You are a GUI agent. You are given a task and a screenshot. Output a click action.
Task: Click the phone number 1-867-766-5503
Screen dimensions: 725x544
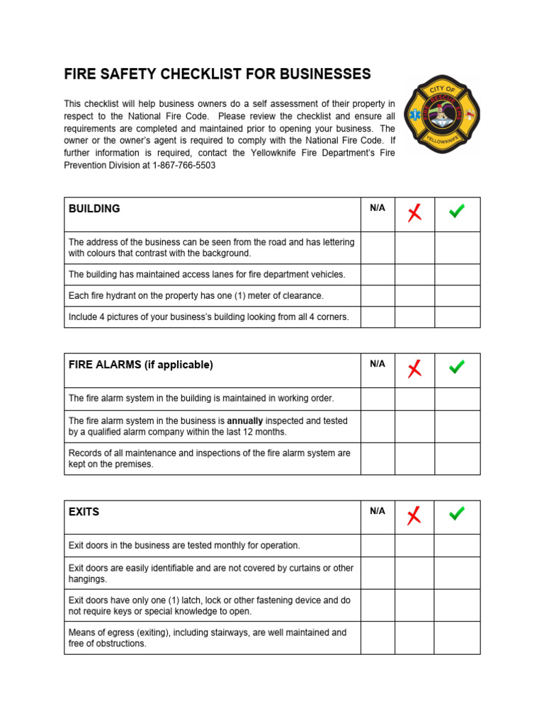[184, 165]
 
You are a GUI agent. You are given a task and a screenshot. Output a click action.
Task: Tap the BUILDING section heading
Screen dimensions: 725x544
[94, 209]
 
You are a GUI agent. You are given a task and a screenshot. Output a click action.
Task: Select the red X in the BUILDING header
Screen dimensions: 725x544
[414, 212]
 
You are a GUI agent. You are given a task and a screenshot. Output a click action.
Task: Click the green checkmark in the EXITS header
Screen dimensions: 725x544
[457, 514]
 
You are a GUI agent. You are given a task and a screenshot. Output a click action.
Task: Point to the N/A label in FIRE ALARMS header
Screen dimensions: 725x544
[378, 364]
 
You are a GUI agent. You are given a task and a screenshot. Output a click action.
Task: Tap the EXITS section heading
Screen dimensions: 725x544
[84, 511]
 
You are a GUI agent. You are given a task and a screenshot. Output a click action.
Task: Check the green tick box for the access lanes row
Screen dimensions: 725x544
[457, 275]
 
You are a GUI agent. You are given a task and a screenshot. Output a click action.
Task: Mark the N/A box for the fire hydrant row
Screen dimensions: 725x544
[378, 296]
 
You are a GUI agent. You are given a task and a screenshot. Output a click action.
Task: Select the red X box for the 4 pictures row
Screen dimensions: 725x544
[414, 317]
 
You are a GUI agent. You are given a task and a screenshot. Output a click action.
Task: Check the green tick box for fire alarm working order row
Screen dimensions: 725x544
[457, 399]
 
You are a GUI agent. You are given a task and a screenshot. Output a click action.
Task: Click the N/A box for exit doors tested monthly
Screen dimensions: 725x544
[378, 546]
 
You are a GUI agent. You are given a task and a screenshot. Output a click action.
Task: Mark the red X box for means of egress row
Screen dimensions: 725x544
[414, 638]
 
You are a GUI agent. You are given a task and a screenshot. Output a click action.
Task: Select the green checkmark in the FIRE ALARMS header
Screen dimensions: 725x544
[457, 367]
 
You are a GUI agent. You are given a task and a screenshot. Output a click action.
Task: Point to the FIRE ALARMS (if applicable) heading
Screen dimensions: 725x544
[140, 365]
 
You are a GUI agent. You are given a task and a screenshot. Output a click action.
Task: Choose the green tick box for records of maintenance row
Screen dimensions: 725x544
[457, 459]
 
